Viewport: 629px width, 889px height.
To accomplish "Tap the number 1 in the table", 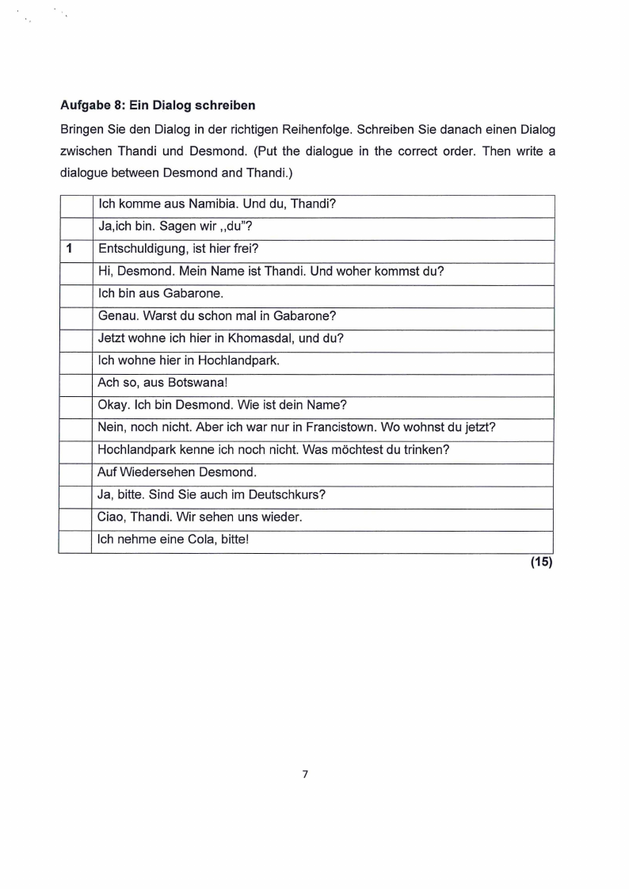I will click(70, 248).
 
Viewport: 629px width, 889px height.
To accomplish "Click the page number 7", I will click(305, 773).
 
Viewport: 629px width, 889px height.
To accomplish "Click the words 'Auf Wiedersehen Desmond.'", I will click(177, 472).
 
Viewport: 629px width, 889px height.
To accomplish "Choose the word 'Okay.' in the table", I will click(114, 404).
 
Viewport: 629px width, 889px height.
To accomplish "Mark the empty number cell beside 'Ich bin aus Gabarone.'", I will click(74, 293).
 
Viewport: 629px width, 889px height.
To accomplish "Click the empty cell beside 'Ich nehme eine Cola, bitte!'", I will click(74, 540).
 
